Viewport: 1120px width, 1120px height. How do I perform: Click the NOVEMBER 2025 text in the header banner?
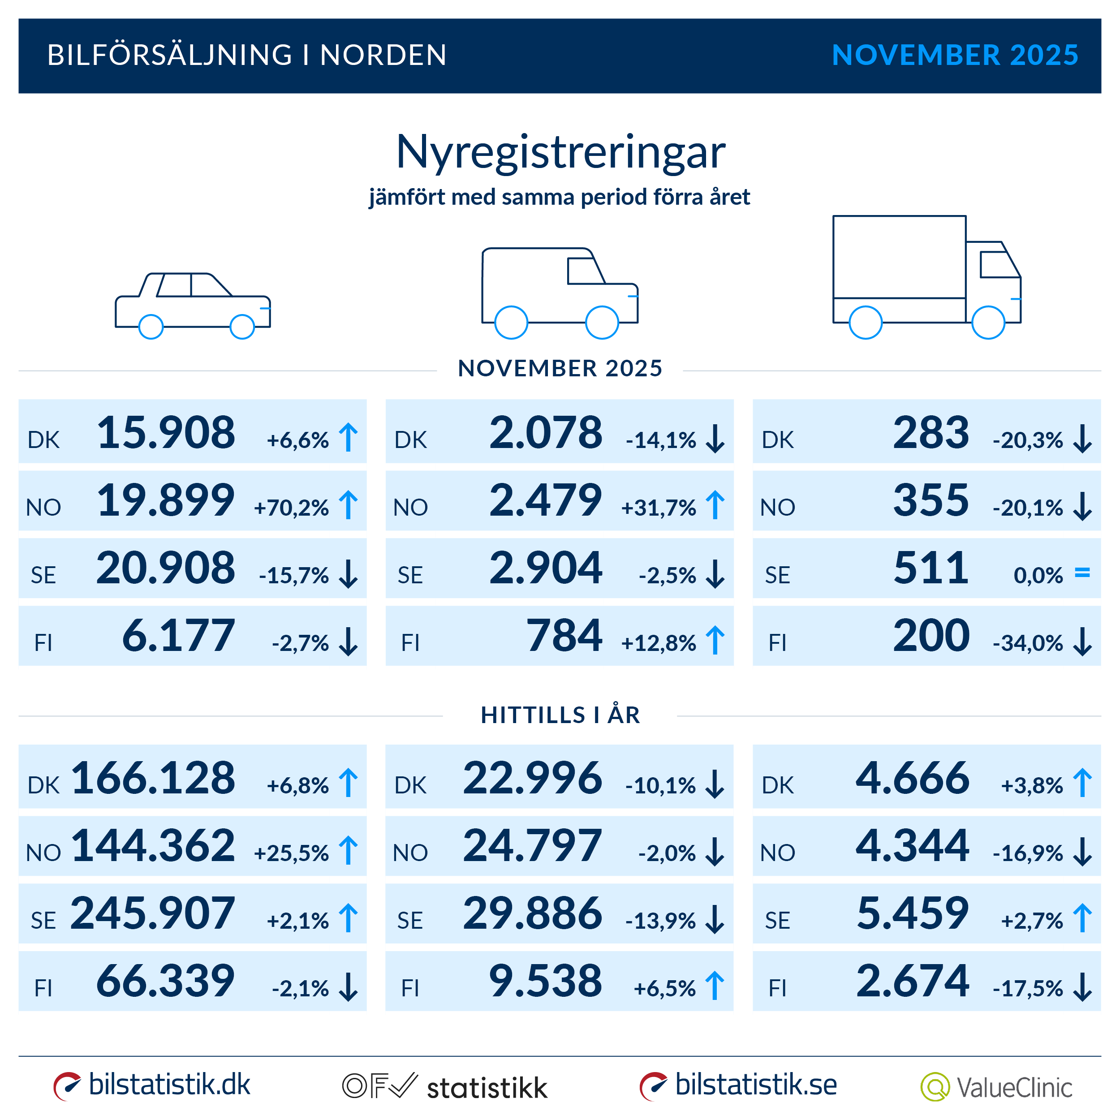pyautogui.click(x=954, y=55)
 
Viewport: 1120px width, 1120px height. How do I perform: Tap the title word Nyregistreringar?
pyautogui.click(x=560, y=152)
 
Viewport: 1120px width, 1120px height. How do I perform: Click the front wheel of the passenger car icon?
pyautogui.click(x=242, y=327)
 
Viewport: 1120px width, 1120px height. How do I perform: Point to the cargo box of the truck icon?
pyautogui.click(x=899, y=257)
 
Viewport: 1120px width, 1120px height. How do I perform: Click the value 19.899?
pyautogui.click(x=166, y=500)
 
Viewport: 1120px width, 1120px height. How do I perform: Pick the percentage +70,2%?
pyautogui.click(x=291, y=508)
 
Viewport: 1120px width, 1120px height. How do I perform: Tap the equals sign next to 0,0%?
pyautogui.click(x=1082, y=573)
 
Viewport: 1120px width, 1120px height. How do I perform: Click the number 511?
pyautogui.click(x=930, y=568)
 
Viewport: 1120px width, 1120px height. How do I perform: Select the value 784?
pyautogui.click(x=564, y=636)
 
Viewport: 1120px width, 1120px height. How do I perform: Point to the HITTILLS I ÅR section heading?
pyautogui.click(x=560, y=715)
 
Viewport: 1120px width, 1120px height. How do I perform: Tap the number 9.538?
pyautogui.click(x=546, y=981)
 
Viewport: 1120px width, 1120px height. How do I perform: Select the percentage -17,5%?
pyautogui.click(x=1027, y=988)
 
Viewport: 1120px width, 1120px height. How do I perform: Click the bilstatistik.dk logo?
pyautogui.click(x=152, y=1085)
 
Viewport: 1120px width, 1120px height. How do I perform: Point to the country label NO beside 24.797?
pyautogui.click(x=410, y=853)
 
